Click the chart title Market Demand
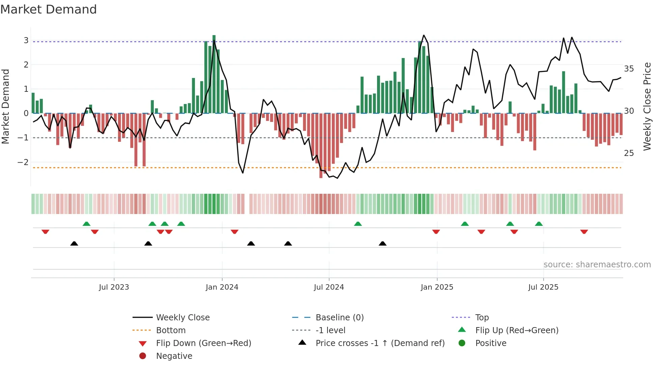coord(49,9)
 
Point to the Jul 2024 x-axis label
coord(329,287)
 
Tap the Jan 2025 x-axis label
coord(437,287)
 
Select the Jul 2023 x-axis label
coord(114,287)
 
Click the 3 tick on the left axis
coord(26,41)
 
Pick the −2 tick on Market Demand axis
coord(23,162)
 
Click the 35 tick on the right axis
coord(629,69)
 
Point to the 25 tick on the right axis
coord(629,153)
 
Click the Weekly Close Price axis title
coord(647,106)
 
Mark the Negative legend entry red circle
coord(143,356)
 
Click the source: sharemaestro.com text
coord(597,265)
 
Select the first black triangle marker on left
coord(74,243)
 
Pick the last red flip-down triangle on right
coord(584,232)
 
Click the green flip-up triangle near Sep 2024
coord(358,223)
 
